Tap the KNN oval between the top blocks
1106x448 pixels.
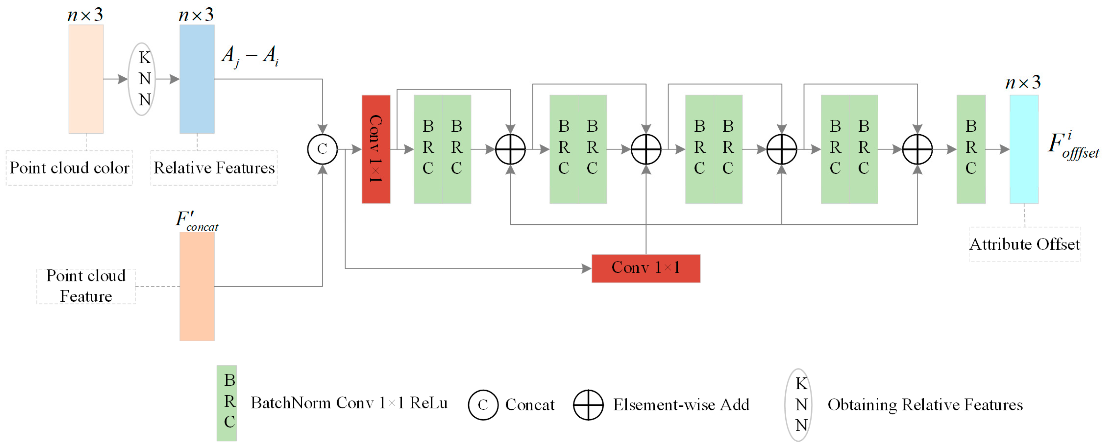pos(142,79)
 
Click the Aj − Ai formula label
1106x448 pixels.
pos(250,56)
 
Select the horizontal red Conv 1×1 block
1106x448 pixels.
pos(646,268)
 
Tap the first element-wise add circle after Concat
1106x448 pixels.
pos(510,149)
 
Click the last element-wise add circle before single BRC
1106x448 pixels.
pos(917,149)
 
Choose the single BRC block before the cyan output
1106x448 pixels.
pos(971,149)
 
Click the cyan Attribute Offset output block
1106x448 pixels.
pos(1024,149)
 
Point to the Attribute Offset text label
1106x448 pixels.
pos(1025,244)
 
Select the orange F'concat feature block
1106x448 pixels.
pos(197,286)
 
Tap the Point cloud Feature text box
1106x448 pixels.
pos(86,286)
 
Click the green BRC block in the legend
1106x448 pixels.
pos(227,403)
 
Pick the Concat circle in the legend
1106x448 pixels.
pos(483,405)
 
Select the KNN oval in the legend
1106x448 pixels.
pos(798,405)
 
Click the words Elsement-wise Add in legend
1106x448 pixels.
pos(681,405)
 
